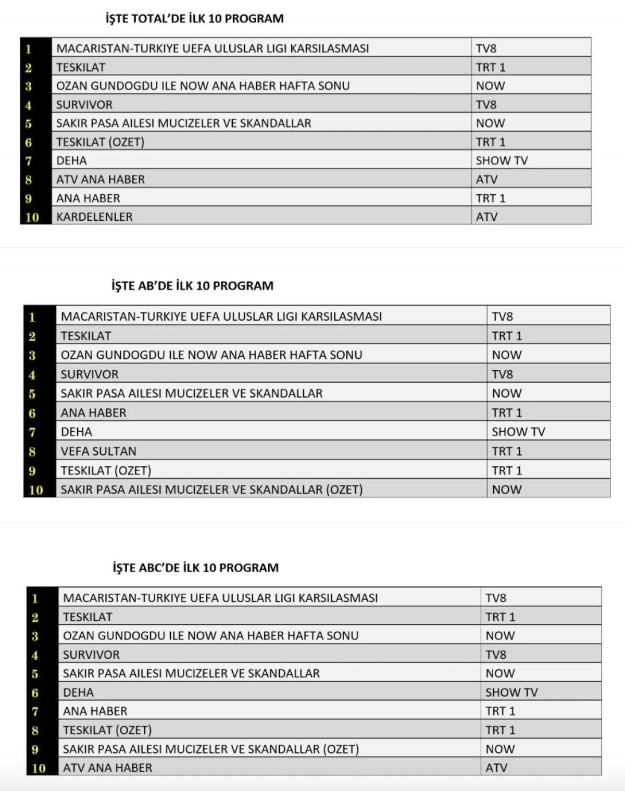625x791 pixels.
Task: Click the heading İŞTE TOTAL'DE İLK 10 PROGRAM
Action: (194, 19)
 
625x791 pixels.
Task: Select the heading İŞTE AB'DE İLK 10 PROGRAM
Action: (192, 286)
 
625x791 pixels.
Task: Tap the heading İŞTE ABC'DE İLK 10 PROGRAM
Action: (195, 568)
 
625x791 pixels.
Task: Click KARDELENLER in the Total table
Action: (94, 217)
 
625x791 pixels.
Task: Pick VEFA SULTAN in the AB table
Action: (98, 451)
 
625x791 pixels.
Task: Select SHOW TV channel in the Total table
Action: (502, 160)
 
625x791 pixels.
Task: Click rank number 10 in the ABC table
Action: (39, 768)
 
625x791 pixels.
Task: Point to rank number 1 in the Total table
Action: (29, 49)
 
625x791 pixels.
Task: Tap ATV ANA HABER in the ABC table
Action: (107, 768)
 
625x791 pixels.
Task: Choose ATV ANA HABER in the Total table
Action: (101, 179)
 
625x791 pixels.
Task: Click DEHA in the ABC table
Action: (78, 693)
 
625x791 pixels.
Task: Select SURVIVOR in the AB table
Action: (90, 374)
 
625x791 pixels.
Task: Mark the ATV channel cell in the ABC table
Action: (496, 768)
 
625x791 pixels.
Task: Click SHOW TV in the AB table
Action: (518, 432)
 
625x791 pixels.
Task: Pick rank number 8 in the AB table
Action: (32, 451)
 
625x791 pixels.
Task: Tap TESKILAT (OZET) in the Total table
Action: (100, 142)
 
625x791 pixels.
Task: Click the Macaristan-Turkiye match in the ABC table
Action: (220, 598)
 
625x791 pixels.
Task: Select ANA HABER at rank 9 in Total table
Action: (88, 198)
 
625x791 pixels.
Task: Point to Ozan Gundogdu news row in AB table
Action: (211, 355)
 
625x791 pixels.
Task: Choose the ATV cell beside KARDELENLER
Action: (486, 217)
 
